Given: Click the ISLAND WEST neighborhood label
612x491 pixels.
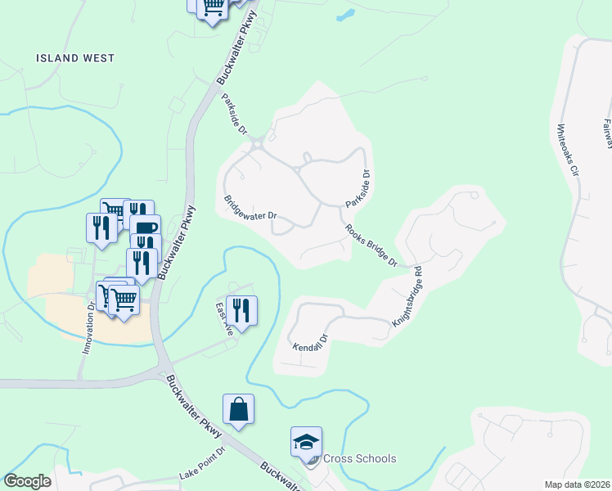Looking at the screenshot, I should click(x=75, y=58).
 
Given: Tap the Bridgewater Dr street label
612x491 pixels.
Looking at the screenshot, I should click(x=251, y=209).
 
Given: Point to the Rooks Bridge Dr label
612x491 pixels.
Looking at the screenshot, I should click(x=371, y=245).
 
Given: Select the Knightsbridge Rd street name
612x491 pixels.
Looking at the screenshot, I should click(x=406, y=297).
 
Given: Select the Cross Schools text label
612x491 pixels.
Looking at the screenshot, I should click(x=359, y=458).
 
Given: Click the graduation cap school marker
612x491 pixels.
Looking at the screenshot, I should click(x=307, y=443).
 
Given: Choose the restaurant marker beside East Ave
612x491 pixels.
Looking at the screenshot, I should click(x=241, y=310).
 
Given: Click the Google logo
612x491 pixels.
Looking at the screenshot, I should click(x=28, y=481).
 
